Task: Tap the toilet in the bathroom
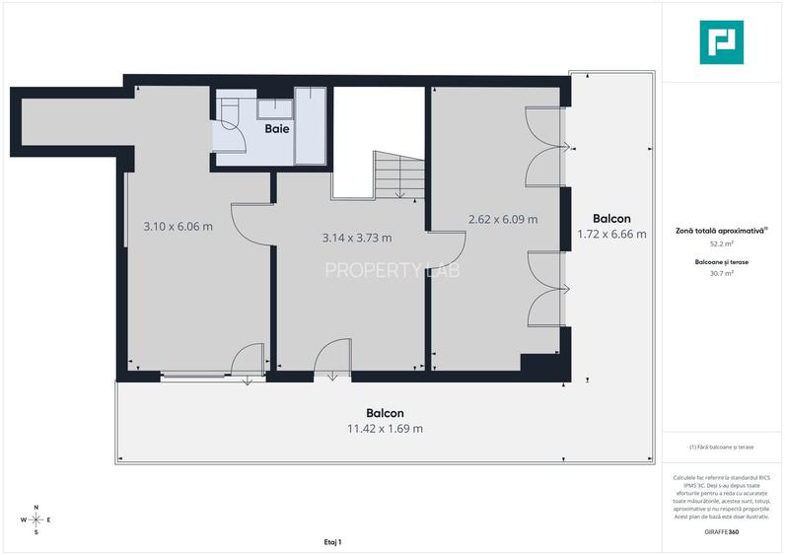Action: click(x=230, y=116)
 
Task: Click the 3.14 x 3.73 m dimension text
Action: click(x=357, y=238)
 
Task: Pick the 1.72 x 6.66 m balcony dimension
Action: click(x=611, y=234)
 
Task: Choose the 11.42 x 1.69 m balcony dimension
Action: click(x=385, y=429)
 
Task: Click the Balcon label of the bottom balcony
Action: click(x=385, y=413)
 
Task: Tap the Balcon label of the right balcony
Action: click(x=611, y=218)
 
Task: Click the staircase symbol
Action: click(x=398, y=174)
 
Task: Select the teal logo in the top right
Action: click(x=723, y=42)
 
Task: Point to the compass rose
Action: click(x=36, y=519)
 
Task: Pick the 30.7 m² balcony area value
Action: click(x=723, y=273)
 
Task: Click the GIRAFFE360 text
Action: click(x=723, y=532)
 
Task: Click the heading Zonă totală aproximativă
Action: click(x=723, y=229)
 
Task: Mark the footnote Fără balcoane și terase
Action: click(x=723, y=448)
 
